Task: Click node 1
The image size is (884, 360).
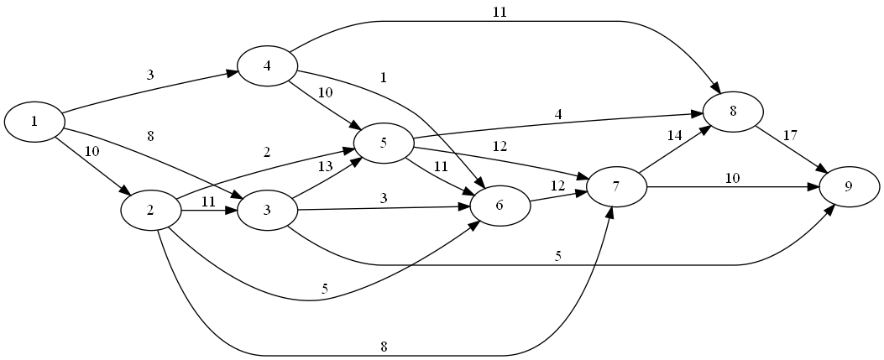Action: click(34, 122)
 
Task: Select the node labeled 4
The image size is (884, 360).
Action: click(267, 67)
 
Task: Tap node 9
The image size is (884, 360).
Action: click(849, 186)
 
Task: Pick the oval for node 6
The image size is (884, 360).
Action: click(500, 206)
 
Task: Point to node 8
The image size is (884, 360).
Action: click(733, 112)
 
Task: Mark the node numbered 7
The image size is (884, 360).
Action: click(616, 186)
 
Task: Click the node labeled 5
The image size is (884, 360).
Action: click(383, 142)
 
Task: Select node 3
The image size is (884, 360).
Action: click(267, 209)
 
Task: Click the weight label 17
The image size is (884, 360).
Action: click(791, 134)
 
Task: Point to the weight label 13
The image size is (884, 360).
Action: click(326, 166)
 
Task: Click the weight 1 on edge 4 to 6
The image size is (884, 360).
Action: click(383, 78)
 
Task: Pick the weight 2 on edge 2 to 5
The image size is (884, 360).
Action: click(267, 153)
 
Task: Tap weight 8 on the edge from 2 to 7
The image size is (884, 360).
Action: click(384, 346)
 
